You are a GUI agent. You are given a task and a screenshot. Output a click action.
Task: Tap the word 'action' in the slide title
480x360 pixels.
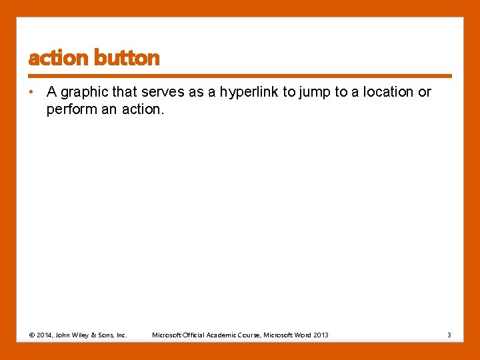(x=59, y=59)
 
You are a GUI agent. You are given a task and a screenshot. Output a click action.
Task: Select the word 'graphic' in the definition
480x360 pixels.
(x=83, y=92)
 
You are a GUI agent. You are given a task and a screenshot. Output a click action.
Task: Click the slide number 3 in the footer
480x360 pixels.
(x=449, y=335)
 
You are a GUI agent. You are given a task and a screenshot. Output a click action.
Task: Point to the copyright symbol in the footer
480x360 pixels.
(x=32, y=335)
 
